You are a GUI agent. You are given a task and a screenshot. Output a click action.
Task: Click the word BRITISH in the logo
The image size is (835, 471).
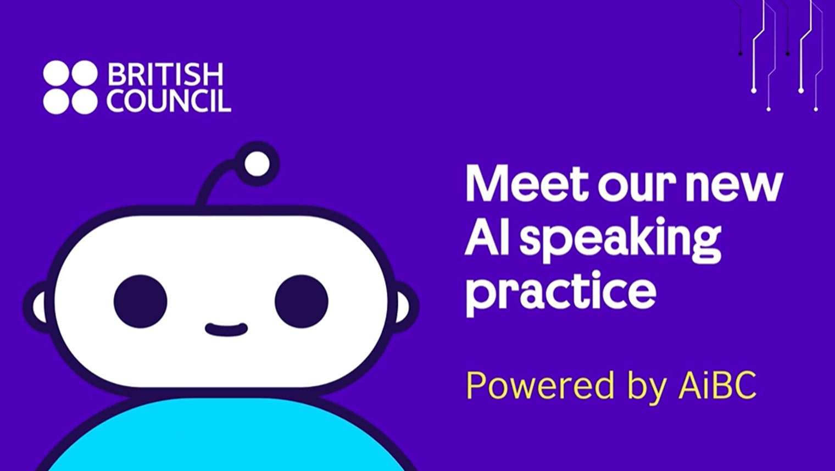165,74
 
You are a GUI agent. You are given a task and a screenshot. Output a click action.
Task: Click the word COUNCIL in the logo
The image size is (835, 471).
169,101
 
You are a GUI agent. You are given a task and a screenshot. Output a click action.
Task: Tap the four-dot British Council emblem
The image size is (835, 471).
70,87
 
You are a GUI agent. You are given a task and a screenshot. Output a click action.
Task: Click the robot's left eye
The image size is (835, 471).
141,301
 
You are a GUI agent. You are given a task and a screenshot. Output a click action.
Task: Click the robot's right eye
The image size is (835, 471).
302,301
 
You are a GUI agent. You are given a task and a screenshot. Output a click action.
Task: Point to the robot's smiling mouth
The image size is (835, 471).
226,330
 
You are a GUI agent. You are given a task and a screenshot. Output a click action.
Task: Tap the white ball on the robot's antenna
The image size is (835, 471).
257,164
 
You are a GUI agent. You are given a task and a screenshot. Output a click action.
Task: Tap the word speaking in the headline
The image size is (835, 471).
620,240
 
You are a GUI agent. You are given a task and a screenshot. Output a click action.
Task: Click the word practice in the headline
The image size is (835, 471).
560,291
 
